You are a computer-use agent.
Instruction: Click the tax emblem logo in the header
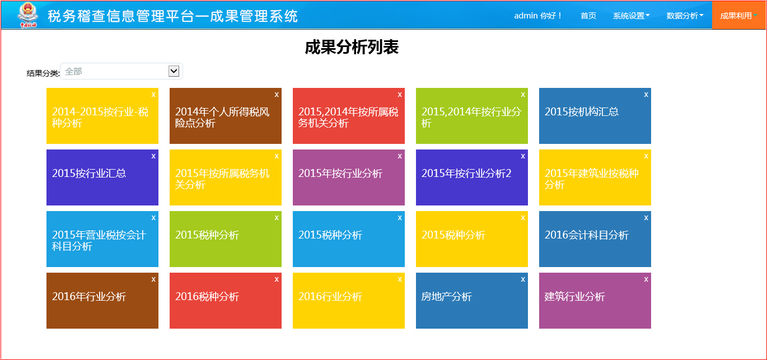pyautogui.click(x=28, y=15)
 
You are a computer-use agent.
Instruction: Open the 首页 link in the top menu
pyautogui.click(x=588, y=16)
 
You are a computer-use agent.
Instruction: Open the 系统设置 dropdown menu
pyautogui.click(x=631, y=16)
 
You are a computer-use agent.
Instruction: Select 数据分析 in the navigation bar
pyautogui.click(x=685, y=16)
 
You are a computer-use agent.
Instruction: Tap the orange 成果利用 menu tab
pyautogui.click(x=738, y=16)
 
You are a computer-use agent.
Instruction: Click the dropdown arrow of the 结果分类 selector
pyautogui.click(x=174, y=71)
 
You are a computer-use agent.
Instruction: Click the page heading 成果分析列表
pyautogui.click(x=352, y=47)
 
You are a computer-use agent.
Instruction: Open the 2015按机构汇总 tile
pyautogui.click(x=595, y=116)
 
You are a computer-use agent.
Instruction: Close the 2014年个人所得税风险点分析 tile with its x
pyautogui.click(x=277, y=95)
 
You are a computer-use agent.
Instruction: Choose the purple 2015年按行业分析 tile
pyautogui.click(x=349, y=177)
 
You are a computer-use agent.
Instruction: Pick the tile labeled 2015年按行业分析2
pyautogui.click(x=472, y=177)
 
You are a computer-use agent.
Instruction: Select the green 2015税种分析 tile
pyautogui.click(x=225, y=239)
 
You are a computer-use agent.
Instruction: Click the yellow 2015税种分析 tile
pyautogui.click(x=472, y=239)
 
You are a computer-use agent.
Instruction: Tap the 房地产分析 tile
pyautogui.click(x=472, y=301)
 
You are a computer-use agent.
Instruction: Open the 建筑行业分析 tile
pyautogui.click(x=595, y=301)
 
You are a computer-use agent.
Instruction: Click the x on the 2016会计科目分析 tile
pyautogui.click(x=646, y=218)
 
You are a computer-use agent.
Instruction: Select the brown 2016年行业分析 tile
pyautogui.click(x=102, y=301)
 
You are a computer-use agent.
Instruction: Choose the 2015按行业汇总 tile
pyautogui.click(x=102, y=177)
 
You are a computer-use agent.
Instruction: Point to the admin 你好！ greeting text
pyautogui.click(x=537, y=16)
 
